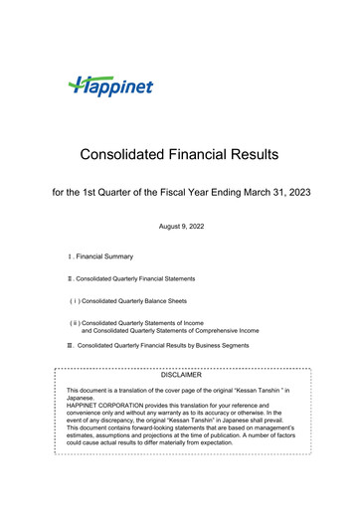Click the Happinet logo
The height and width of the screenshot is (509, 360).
110,86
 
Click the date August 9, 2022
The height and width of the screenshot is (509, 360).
180,228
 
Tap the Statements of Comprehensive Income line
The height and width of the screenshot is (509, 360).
173,330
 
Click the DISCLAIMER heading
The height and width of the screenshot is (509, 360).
181,375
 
